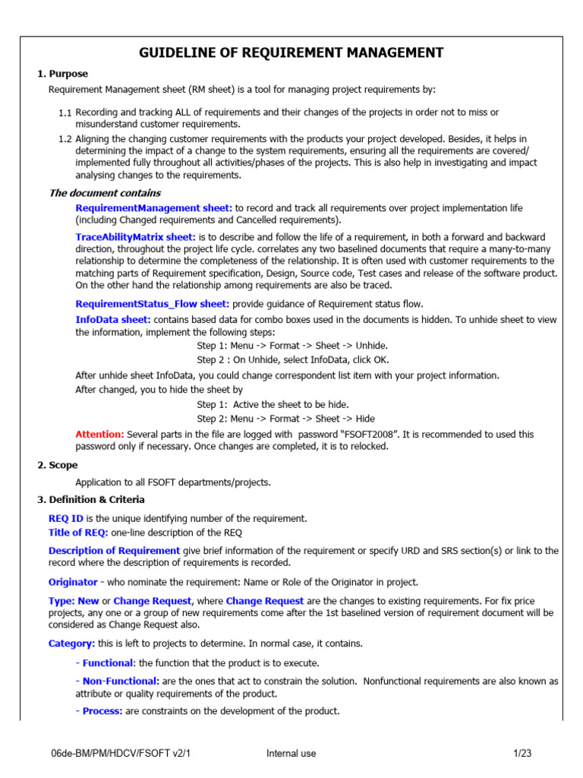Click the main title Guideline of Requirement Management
(291, 52)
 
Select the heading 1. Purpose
(63, 74)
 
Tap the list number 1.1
(65, 112)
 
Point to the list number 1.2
(65, 139)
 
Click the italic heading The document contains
(105, 193)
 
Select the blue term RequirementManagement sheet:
(154, 208)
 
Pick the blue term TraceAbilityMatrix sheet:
(136, 238)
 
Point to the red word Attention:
(99, 434)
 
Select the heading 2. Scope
(58, 465)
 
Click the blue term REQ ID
(66, 518)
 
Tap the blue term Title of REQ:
(78, 532)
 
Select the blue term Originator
(73, 582)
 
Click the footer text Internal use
(291, 754)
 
